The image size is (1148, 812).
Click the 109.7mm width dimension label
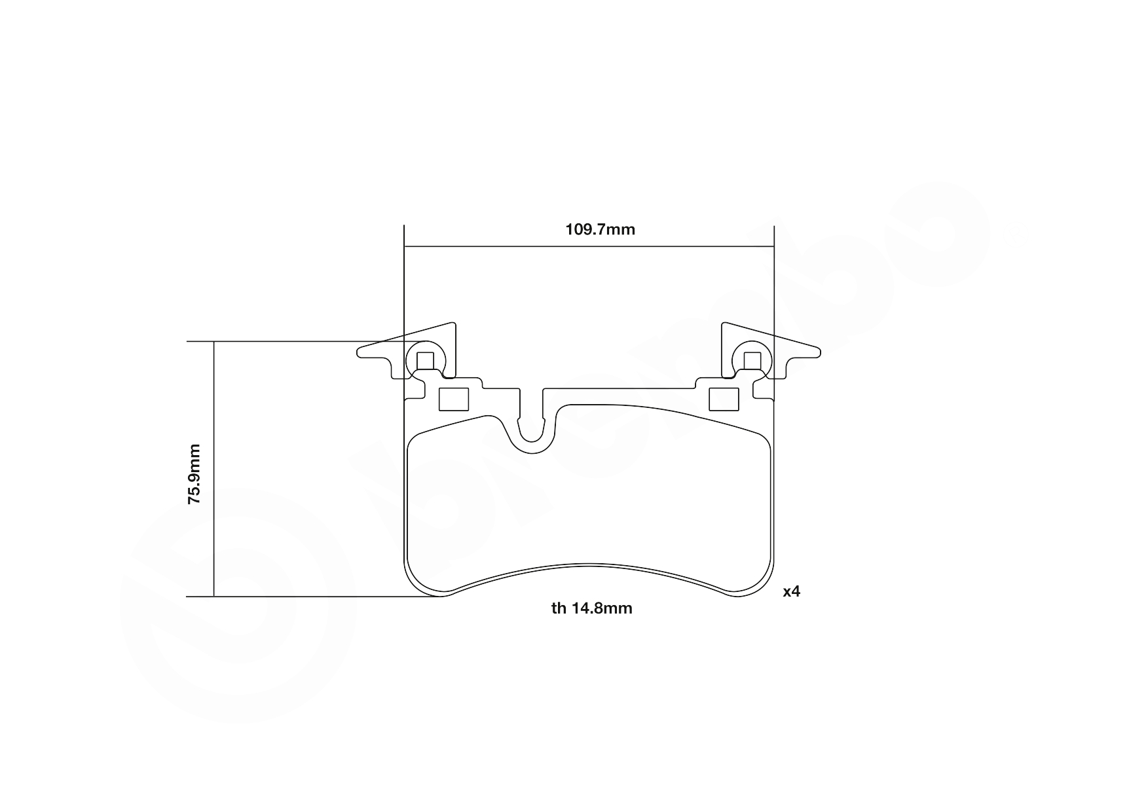point(600,230)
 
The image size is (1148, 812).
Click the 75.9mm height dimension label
point(194,473)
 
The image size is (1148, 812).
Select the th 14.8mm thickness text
point(591,608)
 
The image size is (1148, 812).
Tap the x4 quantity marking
point(791,591)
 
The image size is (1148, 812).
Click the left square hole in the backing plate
point(453,399)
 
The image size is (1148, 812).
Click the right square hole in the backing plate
point(724,399)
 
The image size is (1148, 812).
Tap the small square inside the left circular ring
point(426,361)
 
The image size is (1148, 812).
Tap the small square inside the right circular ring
point(752,361)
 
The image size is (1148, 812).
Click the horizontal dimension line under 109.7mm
point(589,247)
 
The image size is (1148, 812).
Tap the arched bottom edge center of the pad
point(589,564)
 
